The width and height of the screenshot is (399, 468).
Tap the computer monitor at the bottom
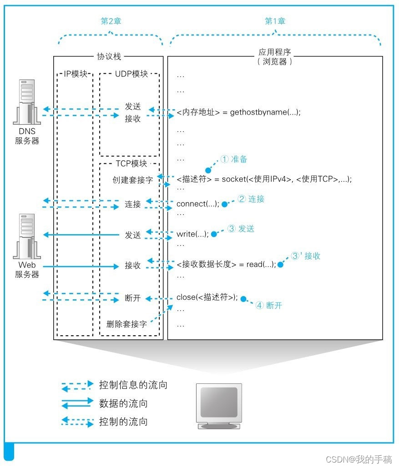coord(219,405)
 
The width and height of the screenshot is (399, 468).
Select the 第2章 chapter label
coord(111,21)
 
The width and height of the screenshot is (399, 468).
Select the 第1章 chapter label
coord(275,21)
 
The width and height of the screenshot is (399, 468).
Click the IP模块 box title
coord(76,74)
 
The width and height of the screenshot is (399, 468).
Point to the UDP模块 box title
coord(130,74)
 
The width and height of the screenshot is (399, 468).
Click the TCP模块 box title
coord(130,164)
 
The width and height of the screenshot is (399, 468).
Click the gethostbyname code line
coord(238,112)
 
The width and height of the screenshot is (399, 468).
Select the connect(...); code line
coord(198,204)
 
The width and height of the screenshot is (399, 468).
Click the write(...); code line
coord(192,234)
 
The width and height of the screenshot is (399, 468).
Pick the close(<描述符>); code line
coord(207,297)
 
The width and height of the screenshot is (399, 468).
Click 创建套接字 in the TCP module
coord(133,180)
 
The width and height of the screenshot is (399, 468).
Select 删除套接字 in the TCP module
coord(127,324)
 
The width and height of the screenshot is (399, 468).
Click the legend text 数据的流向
coord(123,403)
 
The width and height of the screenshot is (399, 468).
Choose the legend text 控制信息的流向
coord(133,385)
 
